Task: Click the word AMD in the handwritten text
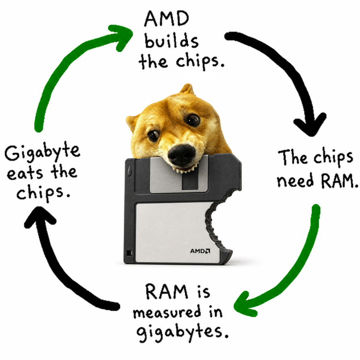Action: pos(167,19)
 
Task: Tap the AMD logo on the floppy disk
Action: pos(200,251)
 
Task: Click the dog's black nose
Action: pos(181,154)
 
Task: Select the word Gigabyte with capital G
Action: pos(43,153)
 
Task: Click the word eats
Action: pos(25,174)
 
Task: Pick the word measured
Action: pos(167,312)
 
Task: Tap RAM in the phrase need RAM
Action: pos(339,180)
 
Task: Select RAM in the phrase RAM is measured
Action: pos(167,291)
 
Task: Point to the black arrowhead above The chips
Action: pos(311,125)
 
